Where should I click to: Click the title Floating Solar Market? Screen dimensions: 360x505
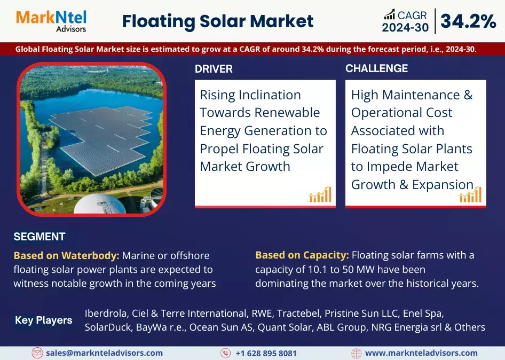(x=218, y=21)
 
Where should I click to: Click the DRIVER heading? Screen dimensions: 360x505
(x=214, y=69)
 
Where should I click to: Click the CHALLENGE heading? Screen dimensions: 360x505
(x=376, y=68)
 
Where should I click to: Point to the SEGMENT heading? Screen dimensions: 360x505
(x=40, y=237)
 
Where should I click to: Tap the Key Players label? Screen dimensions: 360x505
(x=44, y=320)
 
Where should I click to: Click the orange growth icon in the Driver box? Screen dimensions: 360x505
(x=320, y=194)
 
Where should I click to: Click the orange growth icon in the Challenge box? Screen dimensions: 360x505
(x=470, y=194)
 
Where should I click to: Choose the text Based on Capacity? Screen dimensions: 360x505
(x=302, y=255)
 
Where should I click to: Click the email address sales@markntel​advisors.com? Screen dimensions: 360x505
(x=104, y=353)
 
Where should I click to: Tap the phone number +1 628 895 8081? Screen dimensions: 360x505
(x=266, y=353)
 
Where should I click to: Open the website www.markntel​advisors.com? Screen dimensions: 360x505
(x=421, y=353)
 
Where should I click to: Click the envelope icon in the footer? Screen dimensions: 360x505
(x=37, y=353)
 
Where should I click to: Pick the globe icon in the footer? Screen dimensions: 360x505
(x=357, y=353)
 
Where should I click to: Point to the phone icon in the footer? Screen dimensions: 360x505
(x=226, y=353)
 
